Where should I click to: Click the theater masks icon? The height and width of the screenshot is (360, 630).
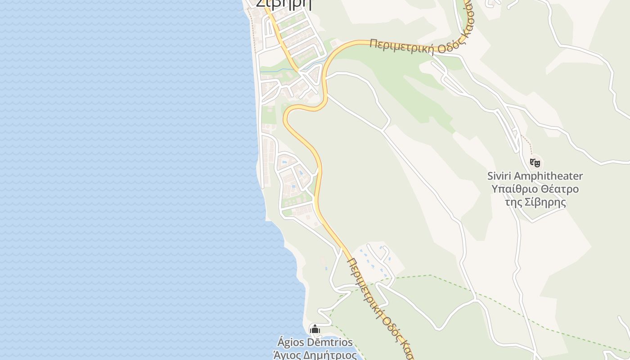[x=535, y=162]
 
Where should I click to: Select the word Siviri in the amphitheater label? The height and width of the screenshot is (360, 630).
[x=499, y=176]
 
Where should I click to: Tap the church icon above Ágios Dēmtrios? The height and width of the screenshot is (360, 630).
[x=315, y=329]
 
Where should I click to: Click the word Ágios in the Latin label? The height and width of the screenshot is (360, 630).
[x=290, y=342]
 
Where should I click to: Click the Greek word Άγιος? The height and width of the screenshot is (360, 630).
[x=286, y=355]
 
